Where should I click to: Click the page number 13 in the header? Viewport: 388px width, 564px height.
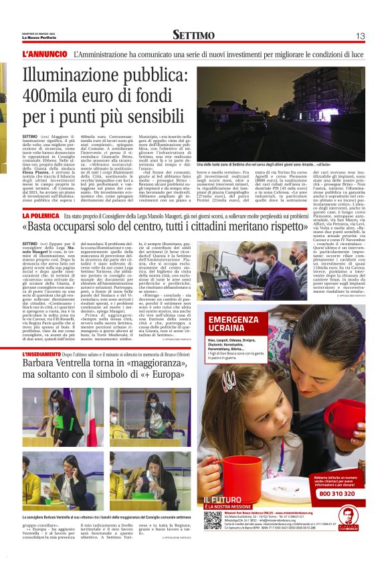point(360,36)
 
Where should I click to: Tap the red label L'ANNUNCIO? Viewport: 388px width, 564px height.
point(45,54)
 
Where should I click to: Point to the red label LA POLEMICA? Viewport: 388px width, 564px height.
point(41,216)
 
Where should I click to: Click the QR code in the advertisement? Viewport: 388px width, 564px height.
point(213,520)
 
